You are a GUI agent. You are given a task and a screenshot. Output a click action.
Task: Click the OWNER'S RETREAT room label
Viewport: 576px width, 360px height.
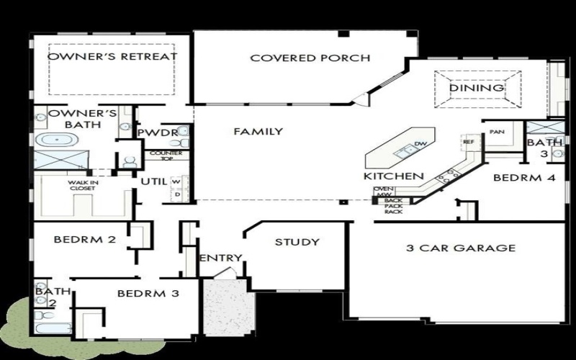[112, 57]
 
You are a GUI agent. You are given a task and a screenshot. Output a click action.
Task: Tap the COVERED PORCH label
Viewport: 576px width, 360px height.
[310, 58]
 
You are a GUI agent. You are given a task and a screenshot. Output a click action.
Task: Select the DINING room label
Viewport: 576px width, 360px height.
[477, 88]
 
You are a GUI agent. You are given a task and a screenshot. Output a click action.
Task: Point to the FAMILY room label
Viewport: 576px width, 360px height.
[258, 132]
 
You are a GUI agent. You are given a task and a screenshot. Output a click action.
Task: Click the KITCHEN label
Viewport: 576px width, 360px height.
[392, 176]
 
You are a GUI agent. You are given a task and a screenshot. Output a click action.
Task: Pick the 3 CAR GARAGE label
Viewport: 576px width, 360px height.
[461, 248]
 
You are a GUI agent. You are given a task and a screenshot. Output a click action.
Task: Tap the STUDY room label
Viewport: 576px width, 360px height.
[297, 242]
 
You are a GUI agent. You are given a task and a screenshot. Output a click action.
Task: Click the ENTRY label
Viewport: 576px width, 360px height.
[220, 258]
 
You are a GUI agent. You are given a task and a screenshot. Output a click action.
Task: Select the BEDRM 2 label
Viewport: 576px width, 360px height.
[85, 240]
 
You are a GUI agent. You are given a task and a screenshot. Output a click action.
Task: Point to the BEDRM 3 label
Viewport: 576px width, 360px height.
[148, 293]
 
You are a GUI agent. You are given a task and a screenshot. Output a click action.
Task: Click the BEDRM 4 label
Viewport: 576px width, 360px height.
[523, 176]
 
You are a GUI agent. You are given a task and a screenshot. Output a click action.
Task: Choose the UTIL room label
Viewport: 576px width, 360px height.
[154, 181]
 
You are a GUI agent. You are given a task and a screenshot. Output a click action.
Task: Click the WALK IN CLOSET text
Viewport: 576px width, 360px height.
[84, 186]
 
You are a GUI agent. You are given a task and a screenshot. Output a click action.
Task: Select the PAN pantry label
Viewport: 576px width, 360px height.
[495, 132]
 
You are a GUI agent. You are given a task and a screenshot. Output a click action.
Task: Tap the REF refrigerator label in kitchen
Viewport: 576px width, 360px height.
[469, 142]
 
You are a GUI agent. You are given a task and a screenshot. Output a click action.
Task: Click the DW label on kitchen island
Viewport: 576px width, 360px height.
[421, 145]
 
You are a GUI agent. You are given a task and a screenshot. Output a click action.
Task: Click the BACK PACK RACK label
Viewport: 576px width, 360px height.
[393, 206]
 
